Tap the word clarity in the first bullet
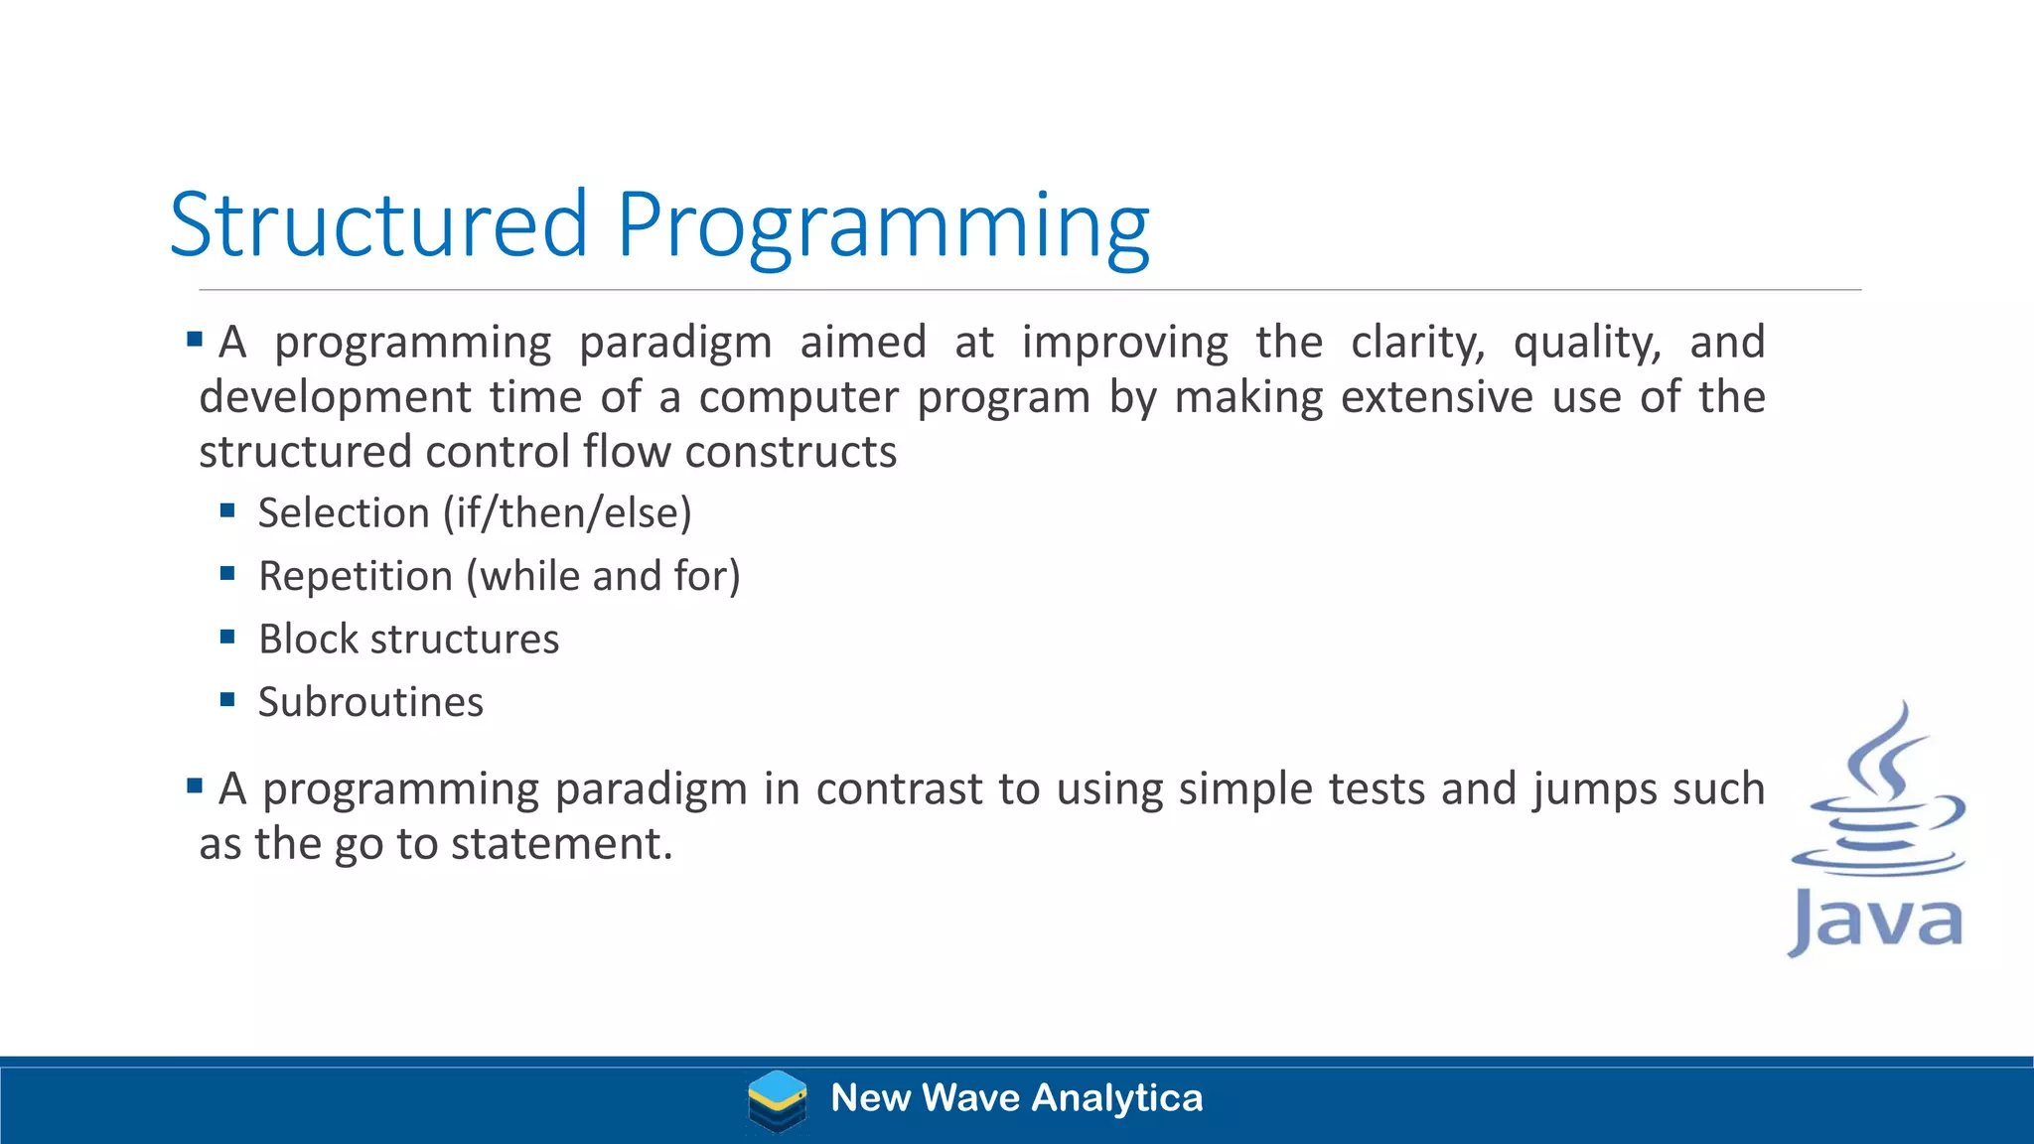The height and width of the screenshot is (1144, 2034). [1417, 343]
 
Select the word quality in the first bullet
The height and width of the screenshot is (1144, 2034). [1586, 343]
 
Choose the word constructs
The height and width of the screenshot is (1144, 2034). [791, 452]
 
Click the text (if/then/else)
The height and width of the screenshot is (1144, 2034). [567, 513]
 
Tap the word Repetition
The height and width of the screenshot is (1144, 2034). [356, 576]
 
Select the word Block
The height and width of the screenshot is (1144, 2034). [308, 639]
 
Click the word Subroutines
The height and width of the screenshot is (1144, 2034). [370, 702]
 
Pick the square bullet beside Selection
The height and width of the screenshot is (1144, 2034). [227, 510]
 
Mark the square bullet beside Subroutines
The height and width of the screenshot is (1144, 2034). [227, 699]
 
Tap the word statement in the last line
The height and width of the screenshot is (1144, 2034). [562, 844]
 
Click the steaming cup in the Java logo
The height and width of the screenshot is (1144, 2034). [1877, 794]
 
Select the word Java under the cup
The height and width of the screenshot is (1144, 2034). [1875, 922]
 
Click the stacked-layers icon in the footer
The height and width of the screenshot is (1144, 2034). [777, 1100]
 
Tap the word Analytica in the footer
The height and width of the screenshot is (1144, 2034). [1117, 1098]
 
